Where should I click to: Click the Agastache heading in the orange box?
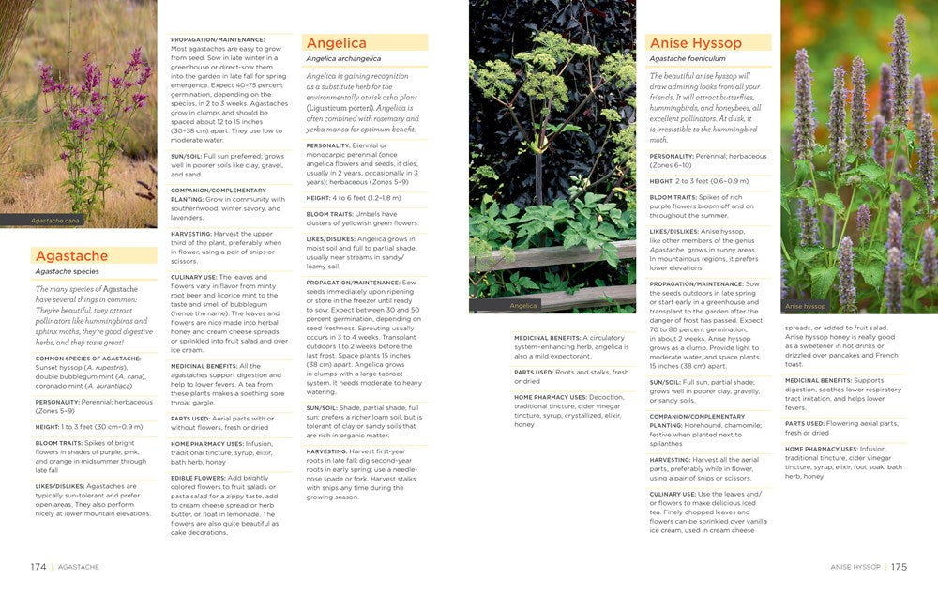point(71,256)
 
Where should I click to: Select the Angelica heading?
point(336,43)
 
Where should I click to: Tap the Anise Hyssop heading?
point(695,43)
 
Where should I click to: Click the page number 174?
point(38,567)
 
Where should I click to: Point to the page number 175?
point(899,567)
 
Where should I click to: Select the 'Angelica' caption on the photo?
point(523,306)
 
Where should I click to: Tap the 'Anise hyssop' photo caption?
point(805,306)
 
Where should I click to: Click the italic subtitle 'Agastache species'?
point(67,272)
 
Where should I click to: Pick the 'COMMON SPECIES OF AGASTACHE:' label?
point(88,359)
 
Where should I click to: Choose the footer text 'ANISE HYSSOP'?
point(855,567)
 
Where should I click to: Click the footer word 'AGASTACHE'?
point(78,567)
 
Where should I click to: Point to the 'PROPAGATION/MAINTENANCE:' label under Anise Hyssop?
point(697,283)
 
